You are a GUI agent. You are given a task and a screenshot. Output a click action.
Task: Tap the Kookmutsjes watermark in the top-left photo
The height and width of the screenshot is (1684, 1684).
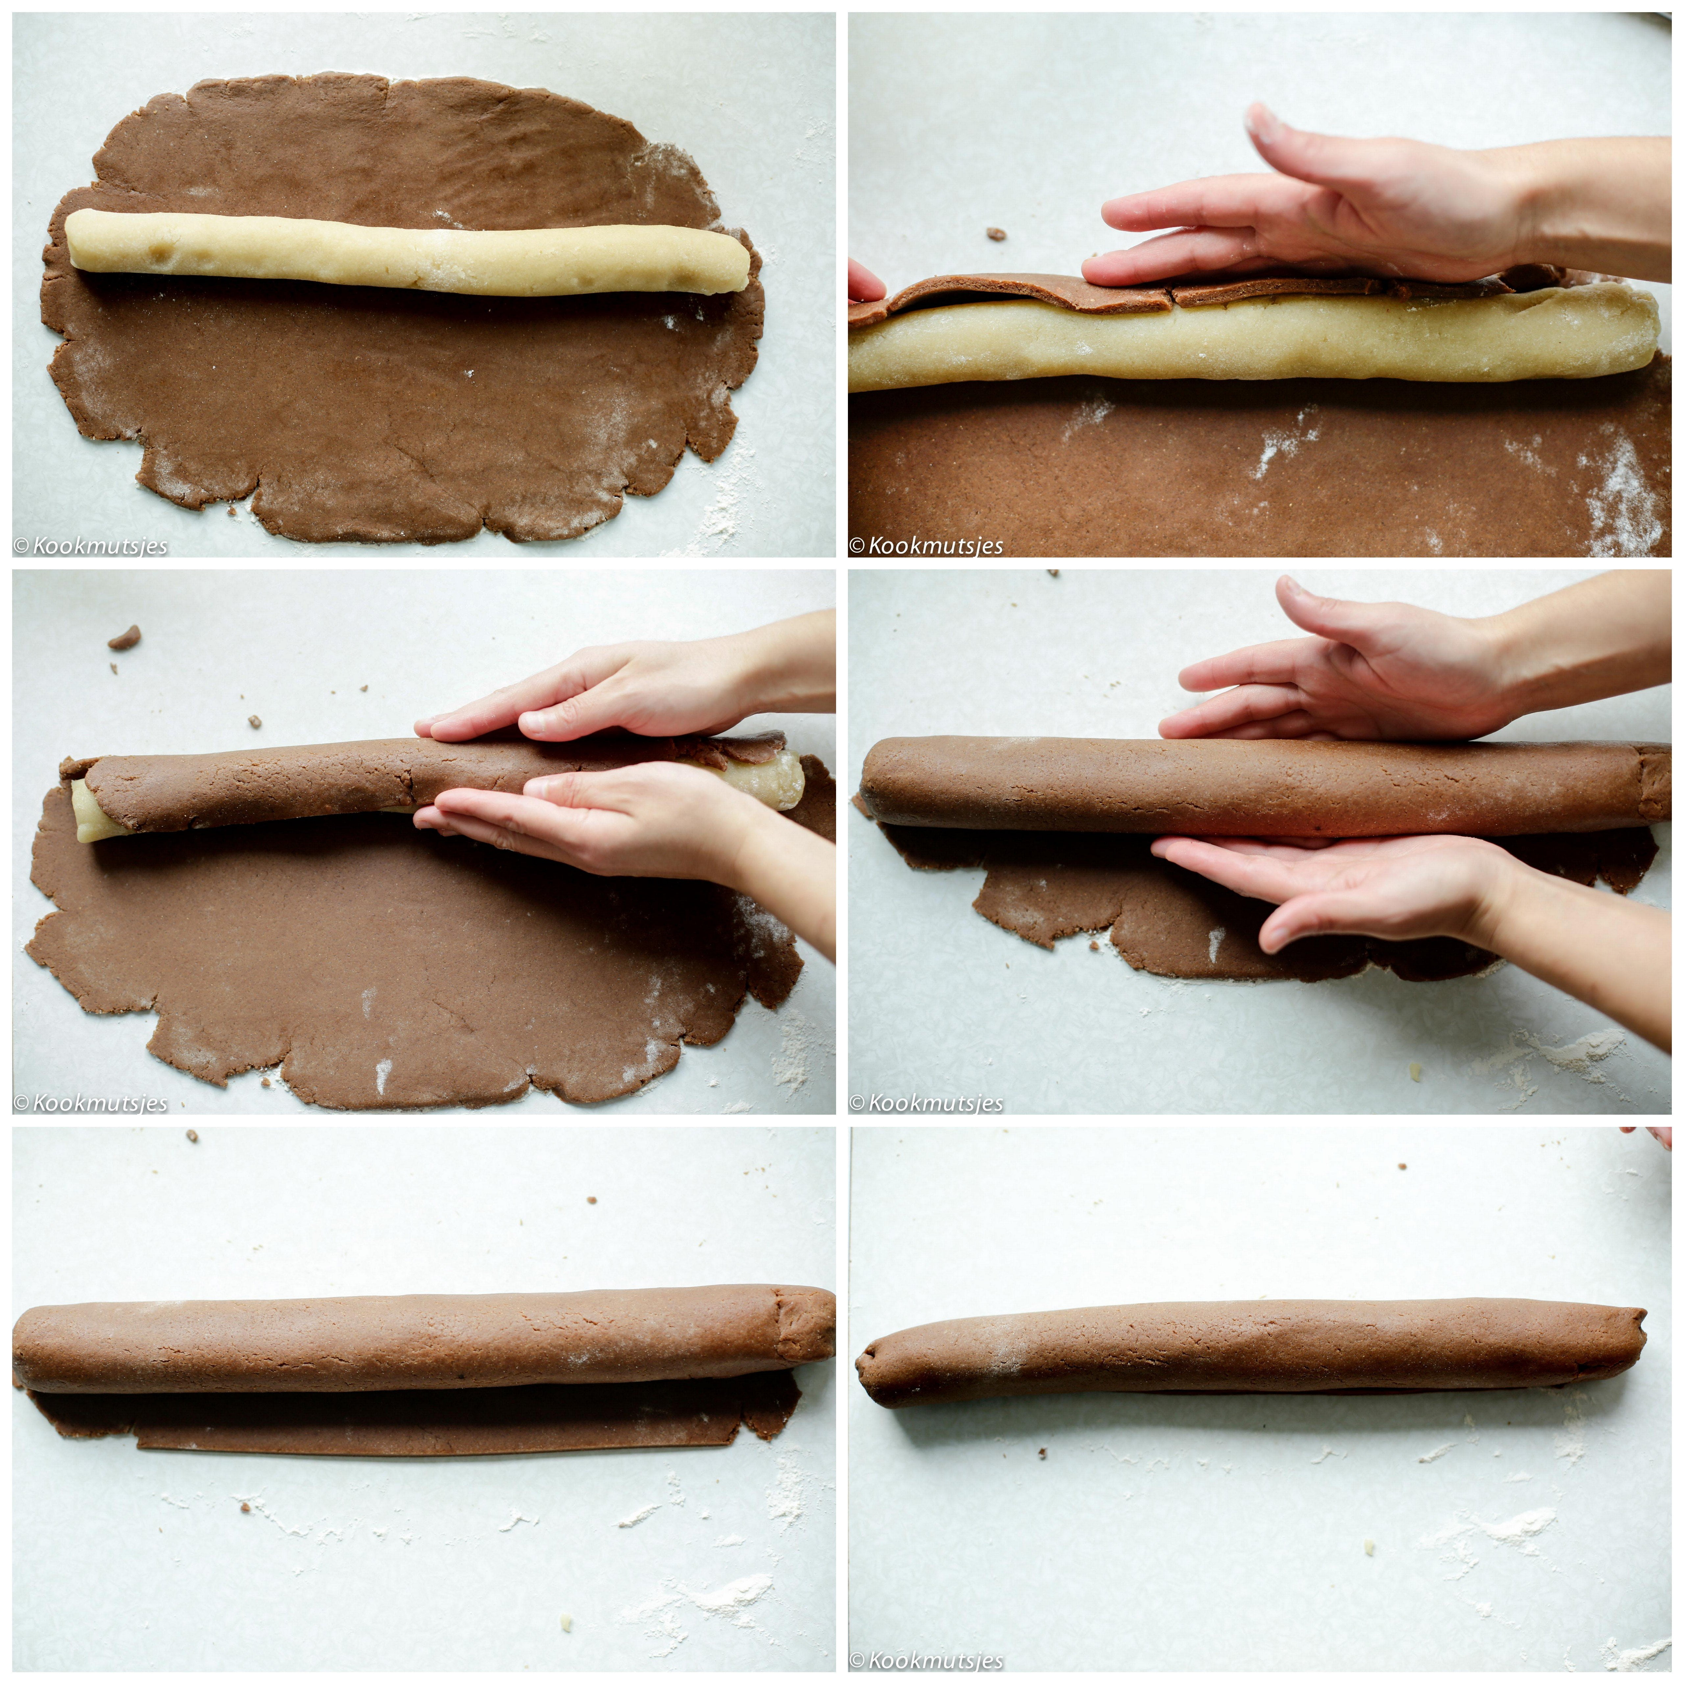click(91, 547)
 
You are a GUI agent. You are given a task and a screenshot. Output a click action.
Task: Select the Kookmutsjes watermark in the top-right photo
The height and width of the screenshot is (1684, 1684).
click(927, 547)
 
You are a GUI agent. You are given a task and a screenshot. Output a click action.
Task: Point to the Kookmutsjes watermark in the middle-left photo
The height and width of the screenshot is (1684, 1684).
click(91, 1102)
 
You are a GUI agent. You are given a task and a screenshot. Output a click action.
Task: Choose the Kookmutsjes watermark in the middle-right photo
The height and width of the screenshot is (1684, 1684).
click(927, 1102)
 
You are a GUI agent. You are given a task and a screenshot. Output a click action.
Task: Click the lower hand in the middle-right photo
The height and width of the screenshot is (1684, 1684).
click(1412, 906)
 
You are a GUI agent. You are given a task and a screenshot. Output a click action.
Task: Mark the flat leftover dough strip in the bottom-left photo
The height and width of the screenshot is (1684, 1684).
click(418, 1419)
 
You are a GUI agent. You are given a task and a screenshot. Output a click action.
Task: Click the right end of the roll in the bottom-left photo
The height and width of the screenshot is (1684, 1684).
click(806, 1339)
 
